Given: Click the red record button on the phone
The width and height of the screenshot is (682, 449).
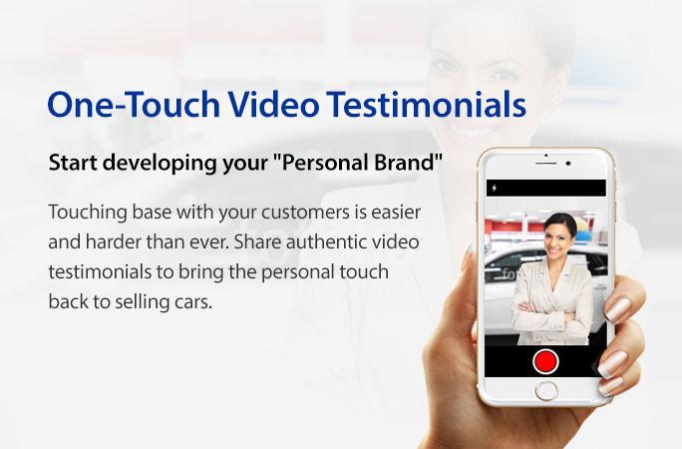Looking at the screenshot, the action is pyautogui.click(x=545, y=361).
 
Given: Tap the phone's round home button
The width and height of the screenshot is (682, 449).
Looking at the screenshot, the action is pyautogui.click(x=546, y=391).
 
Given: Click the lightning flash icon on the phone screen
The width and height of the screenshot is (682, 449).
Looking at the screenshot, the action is pyautogui.click(x=495, y=188).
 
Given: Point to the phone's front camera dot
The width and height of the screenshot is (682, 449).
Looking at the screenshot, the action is pyautogui.click(x=568, y=164).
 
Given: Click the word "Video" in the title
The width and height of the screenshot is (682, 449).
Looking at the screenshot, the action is pyautogui.click(x=273, y=105).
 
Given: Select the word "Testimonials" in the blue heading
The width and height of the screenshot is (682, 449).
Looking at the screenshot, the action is pyautogui.click(x=427, y=105).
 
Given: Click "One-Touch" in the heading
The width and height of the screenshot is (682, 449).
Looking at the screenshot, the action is pyautogui.click(x=134, y=105).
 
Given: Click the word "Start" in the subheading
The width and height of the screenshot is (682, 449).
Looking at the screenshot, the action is pyautogui.click(x=73, y=163).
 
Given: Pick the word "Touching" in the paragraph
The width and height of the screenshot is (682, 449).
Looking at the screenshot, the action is pyautogui.click(x=88, y=213).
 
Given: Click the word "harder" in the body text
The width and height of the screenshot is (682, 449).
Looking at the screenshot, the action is pyautogui.click(x=113, y=241).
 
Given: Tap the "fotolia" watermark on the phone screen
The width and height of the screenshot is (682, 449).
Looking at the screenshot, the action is pyautogui.click(x=521, y=274).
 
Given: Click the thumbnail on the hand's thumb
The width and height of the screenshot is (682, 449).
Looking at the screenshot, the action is pyautogui.click(x=471, y=249).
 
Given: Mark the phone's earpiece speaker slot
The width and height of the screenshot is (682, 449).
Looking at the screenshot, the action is pyautogui.click(x=545, y=164).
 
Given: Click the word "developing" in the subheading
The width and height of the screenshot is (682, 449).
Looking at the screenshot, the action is pyautogui.click(x=161, y=164).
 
